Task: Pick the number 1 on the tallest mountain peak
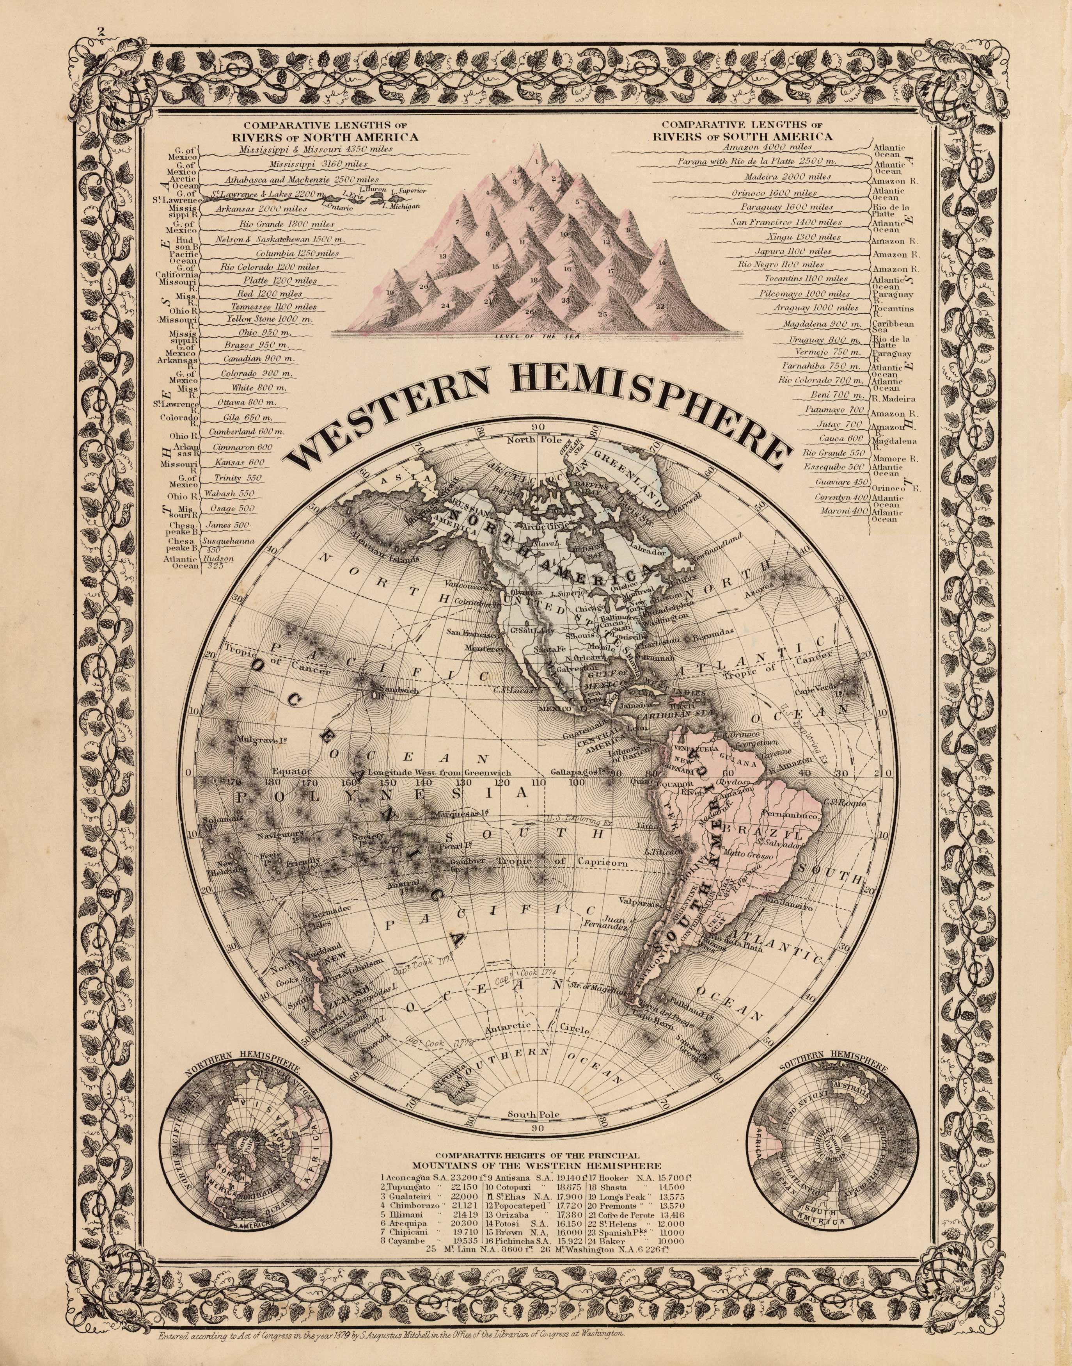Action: point(537,161)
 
